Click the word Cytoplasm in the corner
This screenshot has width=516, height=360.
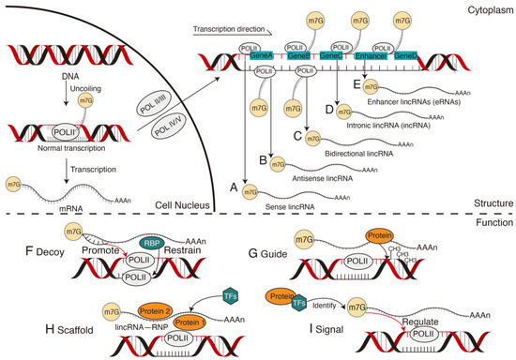point(489,7)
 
